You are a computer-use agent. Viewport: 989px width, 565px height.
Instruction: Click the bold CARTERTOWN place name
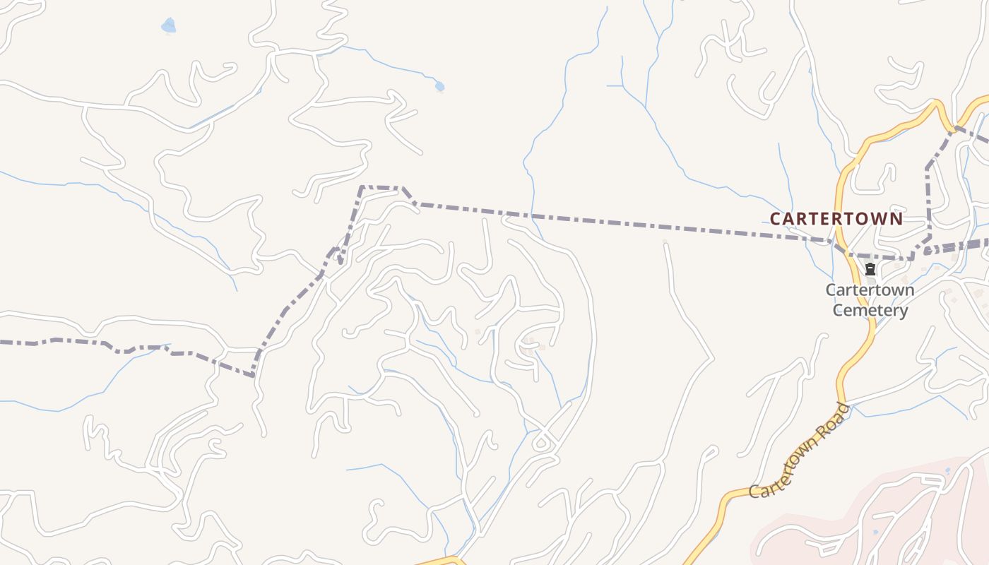[x=836, y=219]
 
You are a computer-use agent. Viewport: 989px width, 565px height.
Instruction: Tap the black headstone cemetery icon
[x=870, y=269]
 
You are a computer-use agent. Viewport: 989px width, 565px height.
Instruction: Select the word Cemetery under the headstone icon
[x=870, y=310]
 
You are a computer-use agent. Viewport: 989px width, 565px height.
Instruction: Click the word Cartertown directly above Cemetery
[x=870, y=290]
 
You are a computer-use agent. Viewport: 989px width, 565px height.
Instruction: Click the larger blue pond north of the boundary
[x=168, y=26]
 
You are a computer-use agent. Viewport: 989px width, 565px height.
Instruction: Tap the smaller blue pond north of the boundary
[x=439, y=86]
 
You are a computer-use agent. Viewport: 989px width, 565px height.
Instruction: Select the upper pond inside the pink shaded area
[x=947, y=470]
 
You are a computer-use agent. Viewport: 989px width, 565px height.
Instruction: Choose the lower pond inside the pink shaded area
[x=876, y=532]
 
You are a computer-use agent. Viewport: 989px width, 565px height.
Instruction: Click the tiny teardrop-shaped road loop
[x=542, y=444]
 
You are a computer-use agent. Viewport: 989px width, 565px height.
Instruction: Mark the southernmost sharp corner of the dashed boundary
[x=253, y=376]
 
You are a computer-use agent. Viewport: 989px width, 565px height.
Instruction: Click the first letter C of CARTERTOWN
[x=775, y=219]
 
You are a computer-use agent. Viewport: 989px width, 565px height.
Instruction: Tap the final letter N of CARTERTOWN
[x=896, y=219]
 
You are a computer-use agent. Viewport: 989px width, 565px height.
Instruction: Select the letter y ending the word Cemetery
[x=903, y=311]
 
